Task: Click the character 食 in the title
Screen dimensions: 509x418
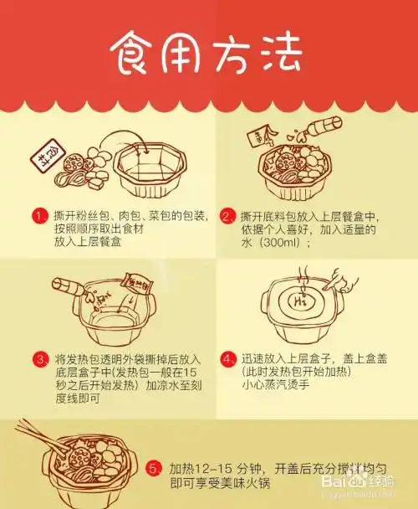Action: point(137,54)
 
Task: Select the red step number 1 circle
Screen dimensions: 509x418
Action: point(39,216)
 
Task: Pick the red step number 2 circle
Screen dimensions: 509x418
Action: point(226,216)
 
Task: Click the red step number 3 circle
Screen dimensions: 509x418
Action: point(39,360)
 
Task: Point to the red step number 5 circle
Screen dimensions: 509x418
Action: point(153,469)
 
